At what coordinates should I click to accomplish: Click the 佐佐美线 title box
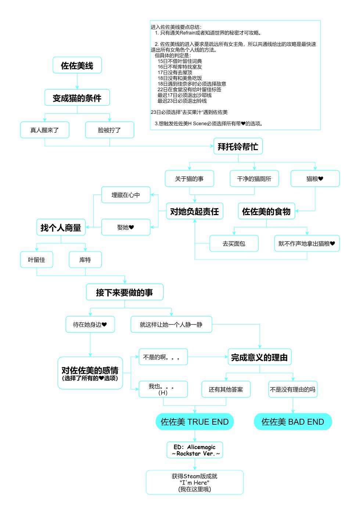pos(77,65)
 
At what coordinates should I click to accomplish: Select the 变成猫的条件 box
pos(77,98)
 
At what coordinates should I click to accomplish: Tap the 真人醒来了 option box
pos(44,130)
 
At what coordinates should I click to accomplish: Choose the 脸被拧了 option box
pos(109,130)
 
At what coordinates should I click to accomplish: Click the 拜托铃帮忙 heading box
pos(238,146)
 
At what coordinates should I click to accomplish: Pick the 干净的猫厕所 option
pos(254,179)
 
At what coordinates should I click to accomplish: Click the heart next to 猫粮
pos(321,179)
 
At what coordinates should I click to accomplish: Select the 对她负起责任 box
pos(194,211)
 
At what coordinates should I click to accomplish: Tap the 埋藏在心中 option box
pos(126,195)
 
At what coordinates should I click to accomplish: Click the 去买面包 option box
pos(234,243)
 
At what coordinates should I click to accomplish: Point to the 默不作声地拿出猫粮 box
pos(307,243)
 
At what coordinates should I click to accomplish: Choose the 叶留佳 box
pos(36,260)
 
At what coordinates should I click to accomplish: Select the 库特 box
pos(85,260)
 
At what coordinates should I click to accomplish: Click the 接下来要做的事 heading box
pos(125,292)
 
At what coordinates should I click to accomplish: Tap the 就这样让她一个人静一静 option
pos(171,324)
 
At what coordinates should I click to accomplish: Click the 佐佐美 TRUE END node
pos(195,422)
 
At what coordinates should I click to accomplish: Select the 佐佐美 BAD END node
pos(293,422)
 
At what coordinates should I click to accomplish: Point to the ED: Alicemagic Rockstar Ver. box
pos(195,450)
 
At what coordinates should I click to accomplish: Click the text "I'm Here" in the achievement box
pos(195,483)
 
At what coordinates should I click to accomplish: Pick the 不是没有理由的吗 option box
pos(293,389)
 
